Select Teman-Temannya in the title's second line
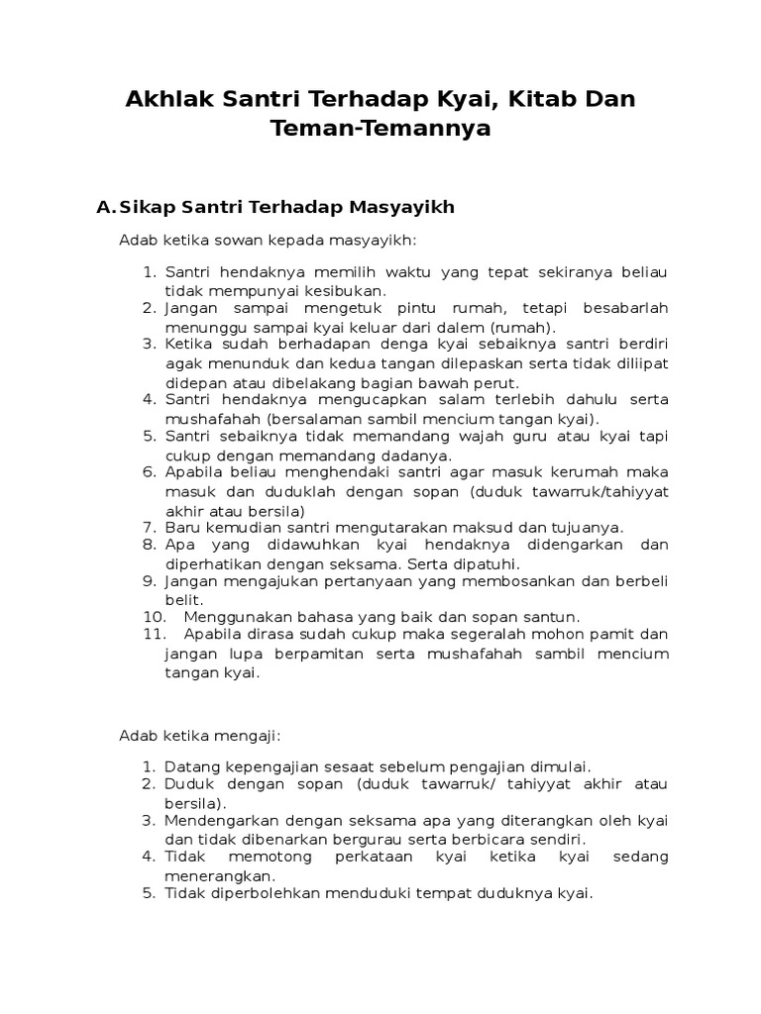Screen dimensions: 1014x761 pos(380,129)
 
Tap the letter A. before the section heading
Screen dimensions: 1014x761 pos(105,207)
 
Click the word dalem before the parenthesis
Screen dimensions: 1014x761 pos(462,327)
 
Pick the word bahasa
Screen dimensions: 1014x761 pos(321,617)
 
